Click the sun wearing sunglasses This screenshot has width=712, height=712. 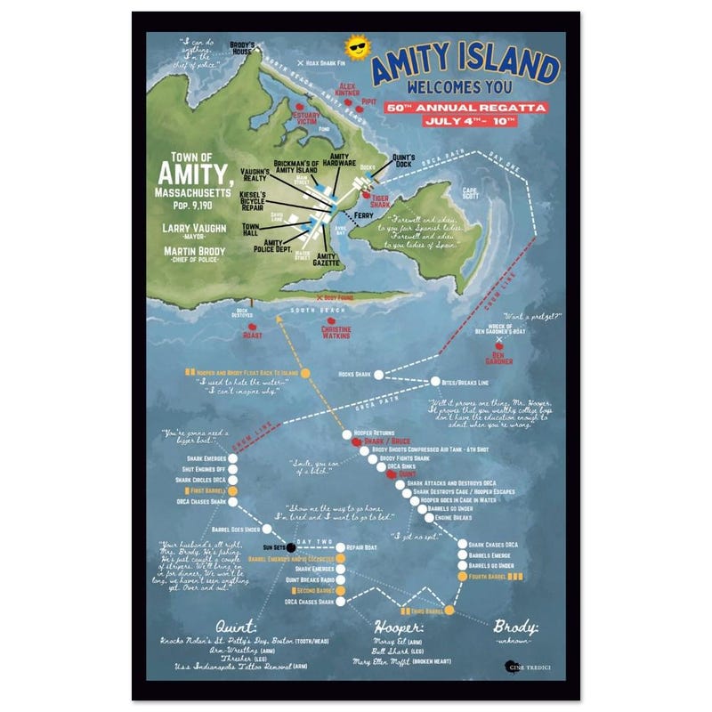(356, 50)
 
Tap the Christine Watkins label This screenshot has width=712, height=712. (336, 330)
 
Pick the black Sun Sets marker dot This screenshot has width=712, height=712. (291, 546)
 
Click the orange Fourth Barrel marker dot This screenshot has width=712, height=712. (462, 577)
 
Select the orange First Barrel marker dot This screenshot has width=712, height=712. (232, 490)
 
